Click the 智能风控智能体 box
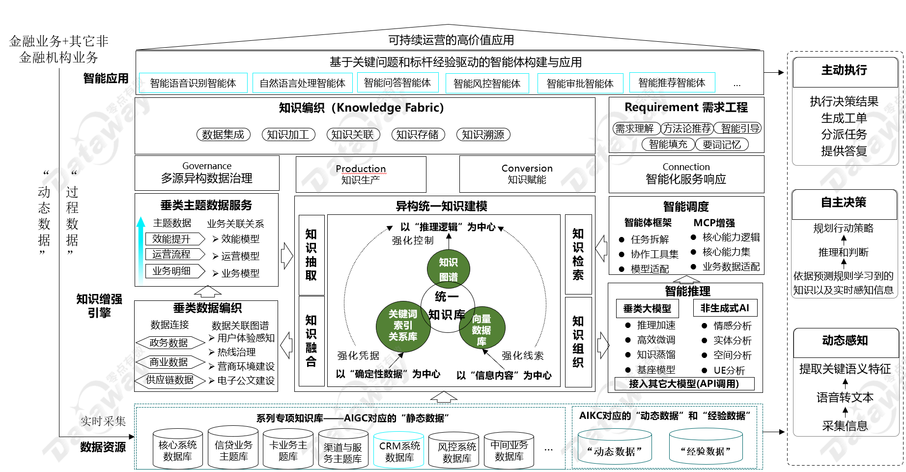click(487, 84)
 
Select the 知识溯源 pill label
click(483, 135)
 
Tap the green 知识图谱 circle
click(448, 269)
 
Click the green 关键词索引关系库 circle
click(403, 325)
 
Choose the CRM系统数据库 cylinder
click(399, 451)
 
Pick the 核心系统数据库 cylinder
click(177, 450)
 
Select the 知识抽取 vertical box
click(311, 255)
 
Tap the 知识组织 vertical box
click(578, 342)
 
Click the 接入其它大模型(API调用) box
click(684, 384)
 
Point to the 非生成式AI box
click(725, 308)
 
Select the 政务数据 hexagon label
click(169, 343)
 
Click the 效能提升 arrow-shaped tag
click(174, 239)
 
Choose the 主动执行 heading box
click(845, 71)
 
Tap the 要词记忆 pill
click(721, 145)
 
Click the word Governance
click(207, 166)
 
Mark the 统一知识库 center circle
click(447, 305)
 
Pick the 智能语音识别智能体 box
click(193, 84)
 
